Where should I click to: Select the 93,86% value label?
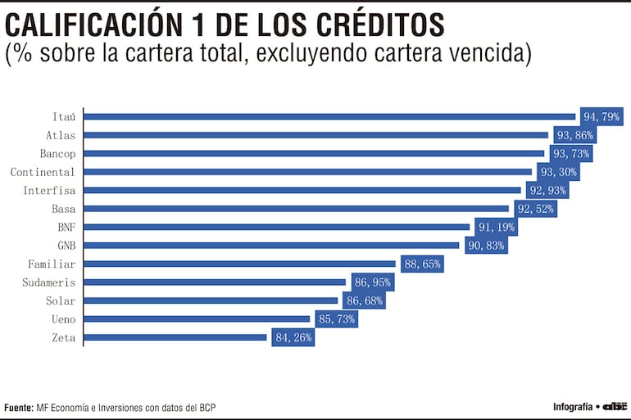[x=574, y=135]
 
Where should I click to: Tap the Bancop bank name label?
[x=57, y=154]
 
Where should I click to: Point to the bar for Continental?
[x=307, y=172]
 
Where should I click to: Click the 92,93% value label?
[x=547, y=190]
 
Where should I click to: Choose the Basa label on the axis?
[x=63, y=209]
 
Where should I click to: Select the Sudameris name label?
[x=49, y=282]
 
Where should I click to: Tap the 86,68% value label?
[x=365, y=300]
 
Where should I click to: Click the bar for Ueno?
[x=197, y=318]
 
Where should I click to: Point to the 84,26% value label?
[x=293, y=337]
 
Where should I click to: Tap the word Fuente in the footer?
[x=18, y=407]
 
